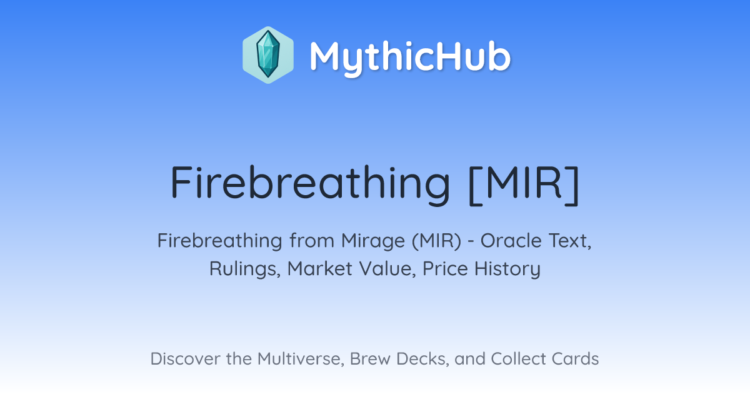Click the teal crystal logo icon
click(268, 55)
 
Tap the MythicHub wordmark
click(410, 57)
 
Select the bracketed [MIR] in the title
click(524, 184)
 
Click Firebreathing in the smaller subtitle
click(219, 241)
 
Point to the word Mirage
click(373, 241)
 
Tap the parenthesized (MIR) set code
click(437, 241)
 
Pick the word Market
click(320, 268)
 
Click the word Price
click(445, 268)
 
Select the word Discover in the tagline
click(186, 359)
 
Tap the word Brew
click(370, 359)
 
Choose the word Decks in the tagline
click(422, 359)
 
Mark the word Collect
click(518, 359)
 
